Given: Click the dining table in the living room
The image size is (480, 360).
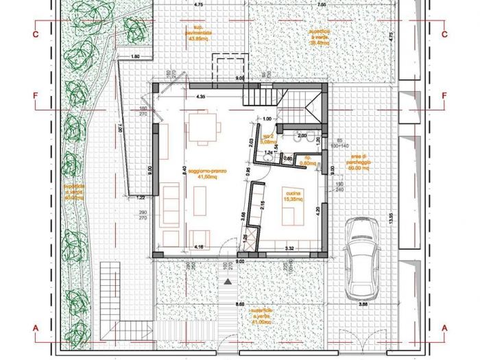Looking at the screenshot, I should point(203,128).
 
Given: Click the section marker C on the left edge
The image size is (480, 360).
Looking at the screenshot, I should point(34,33).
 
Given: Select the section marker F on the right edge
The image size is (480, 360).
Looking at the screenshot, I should point(444,95).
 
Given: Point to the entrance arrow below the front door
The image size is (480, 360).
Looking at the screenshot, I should point(227,280).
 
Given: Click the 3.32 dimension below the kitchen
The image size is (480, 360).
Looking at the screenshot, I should point(289,248).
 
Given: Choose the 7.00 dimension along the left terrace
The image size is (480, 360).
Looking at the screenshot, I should point(119,128).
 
